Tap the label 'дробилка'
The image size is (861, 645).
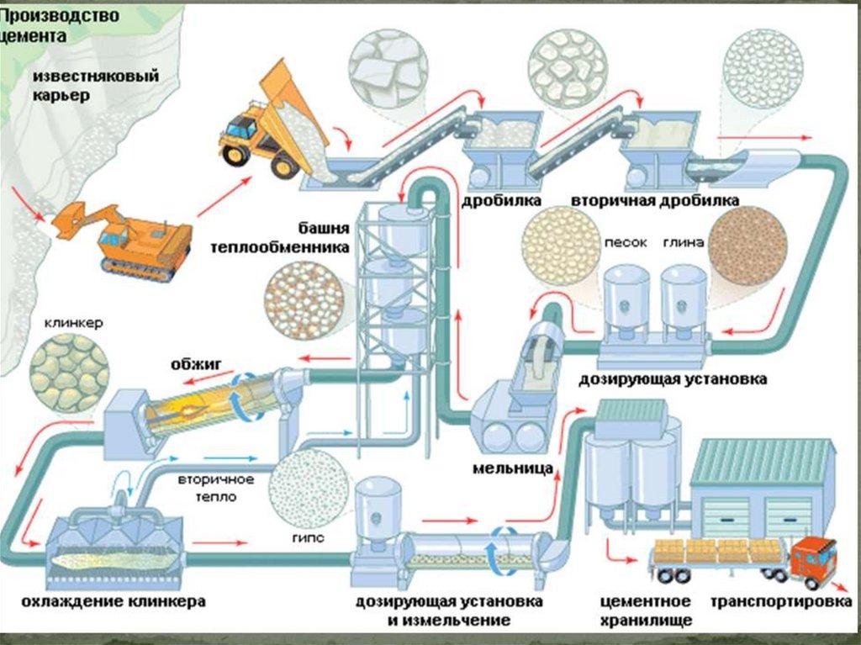coord(501,201)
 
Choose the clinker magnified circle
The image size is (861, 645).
coord(69,373)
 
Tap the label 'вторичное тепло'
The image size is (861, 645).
coord(215,488)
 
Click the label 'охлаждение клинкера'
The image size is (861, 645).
coord(114,602)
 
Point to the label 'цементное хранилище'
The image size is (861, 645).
coord(646,611)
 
